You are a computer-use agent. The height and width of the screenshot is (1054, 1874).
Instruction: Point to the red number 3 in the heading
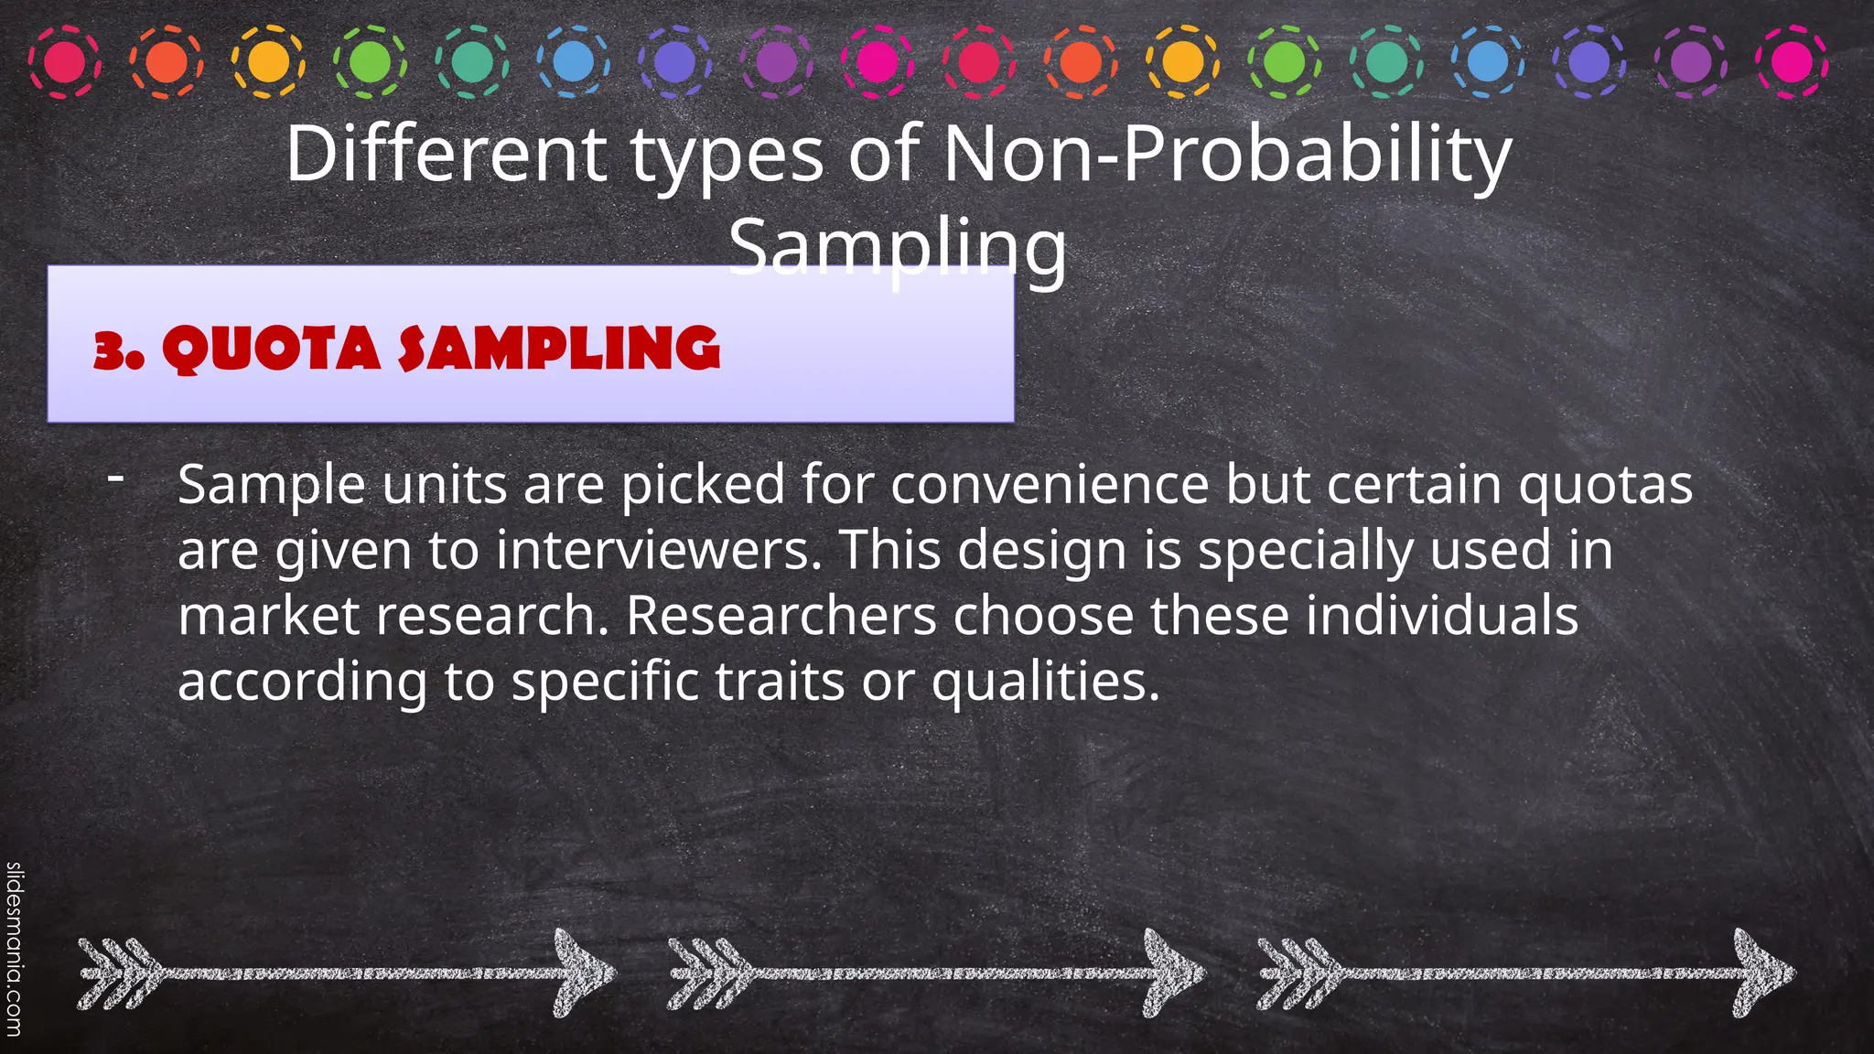[x=112, y=350]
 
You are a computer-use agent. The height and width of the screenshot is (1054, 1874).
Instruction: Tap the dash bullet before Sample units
[x=115, y=477]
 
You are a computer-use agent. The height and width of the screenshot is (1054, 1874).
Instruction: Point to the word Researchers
[x=781, y=616]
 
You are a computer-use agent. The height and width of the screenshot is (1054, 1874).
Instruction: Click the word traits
[x=780, y=682]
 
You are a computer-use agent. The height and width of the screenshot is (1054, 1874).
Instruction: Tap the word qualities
[x=1045, y=682]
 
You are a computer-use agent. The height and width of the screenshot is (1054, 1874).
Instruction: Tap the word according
[x=302, y=682]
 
